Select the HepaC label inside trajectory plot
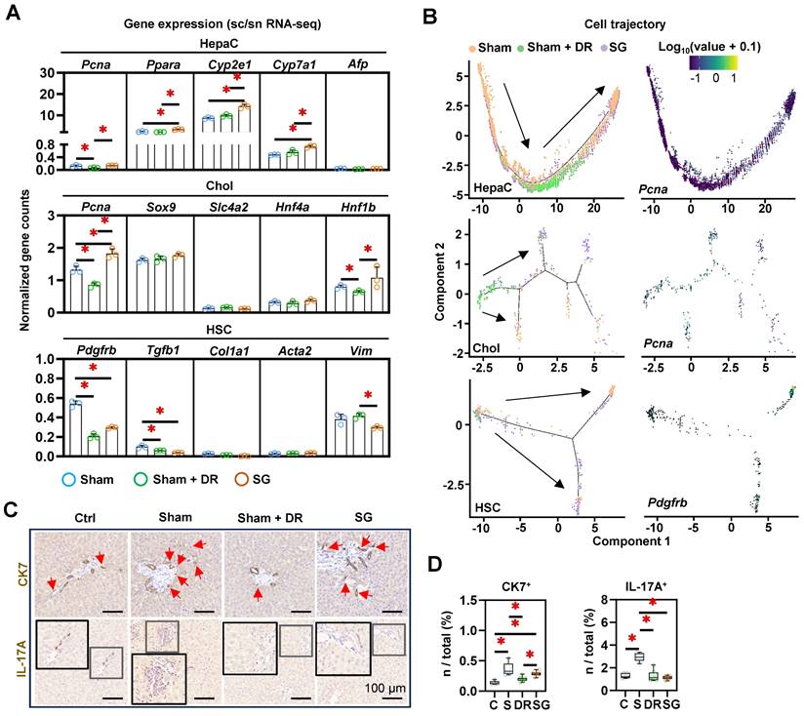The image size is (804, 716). (498, 186)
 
